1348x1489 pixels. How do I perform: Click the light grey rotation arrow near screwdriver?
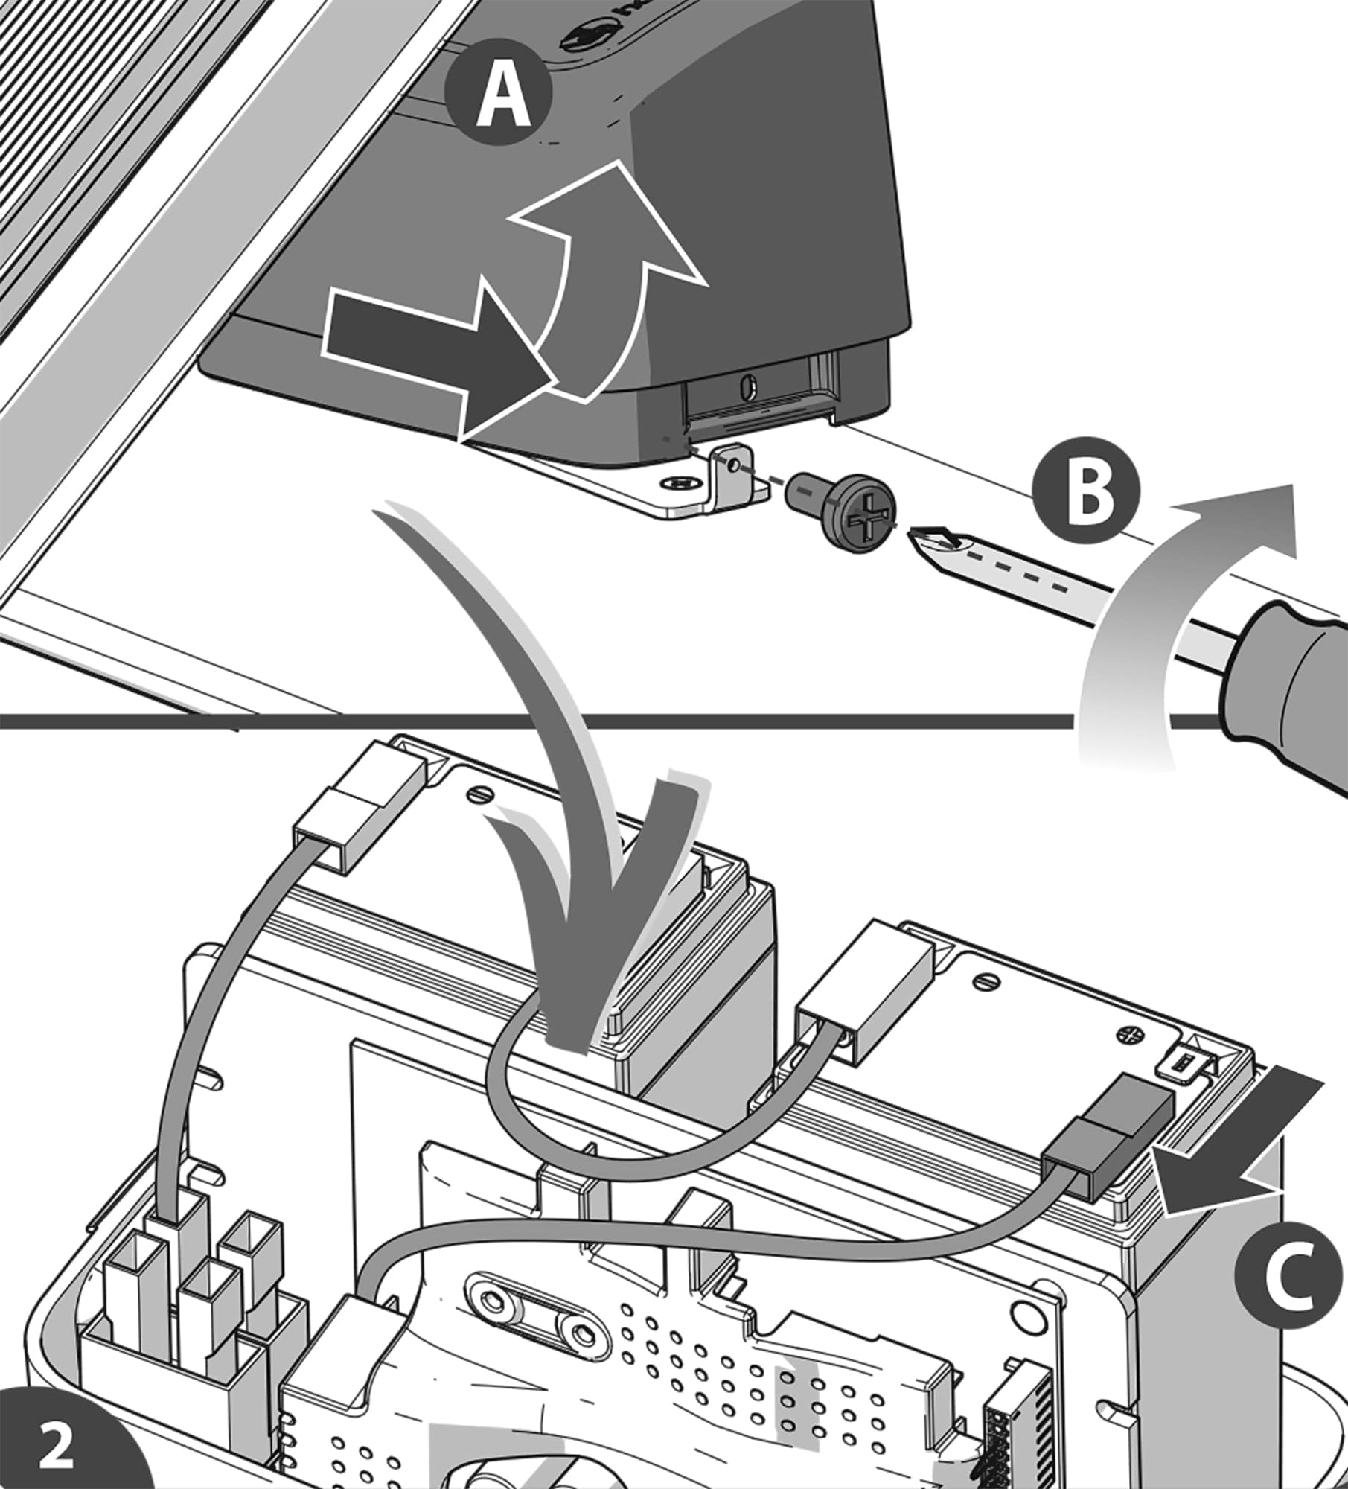point(1161,618)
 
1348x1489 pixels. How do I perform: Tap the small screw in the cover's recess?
point(749,386)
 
